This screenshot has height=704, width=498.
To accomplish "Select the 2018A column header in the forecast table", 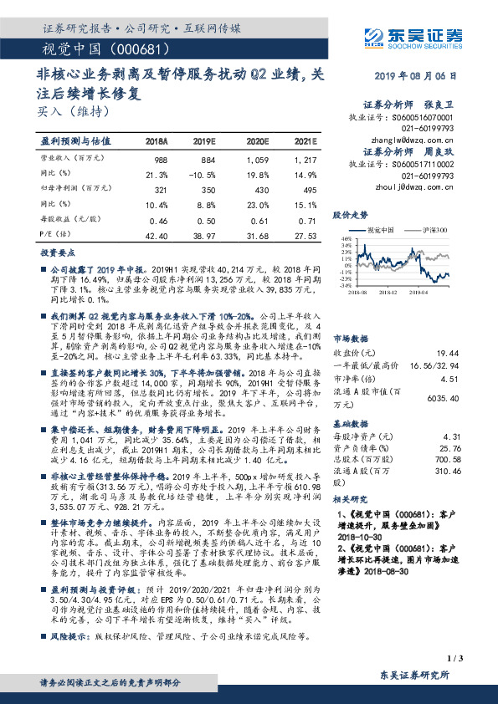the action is tap(157, 142).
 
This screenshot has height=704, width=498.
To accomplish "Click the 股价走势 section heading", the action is tap(350, 215).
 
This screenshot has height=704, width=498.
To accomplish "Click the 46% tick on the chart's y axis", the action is tap(344, 238).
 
